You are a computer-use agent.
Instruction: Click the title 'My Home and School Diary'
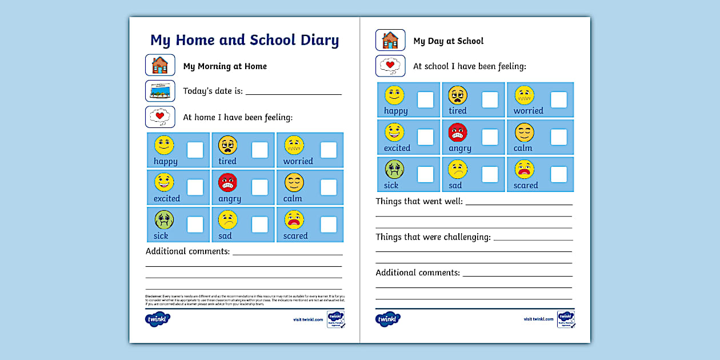245,41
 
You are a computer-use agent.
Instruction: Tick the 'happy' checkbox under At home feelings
195,150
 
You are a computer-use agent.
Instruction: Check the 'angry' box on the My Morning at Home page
260,187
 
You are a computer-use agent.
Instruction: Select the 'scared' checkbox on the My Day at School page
559,174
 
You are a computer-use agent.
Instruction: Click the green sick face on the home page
164,219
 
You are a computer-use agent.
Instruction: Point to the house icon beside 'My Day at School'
390,40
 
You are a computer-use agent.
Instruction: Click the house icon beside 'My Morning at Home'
160,65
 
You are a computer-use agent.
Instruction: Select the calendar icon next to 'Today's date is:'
160,91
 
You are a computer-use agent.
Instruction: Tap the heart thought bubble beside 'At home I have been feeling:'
160,117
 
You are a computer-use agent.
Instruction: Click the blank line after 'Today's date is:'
293,93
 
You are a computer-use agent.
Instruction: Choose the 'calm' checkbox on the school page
559,137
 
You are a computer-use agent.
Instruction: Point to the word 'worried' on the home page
298,161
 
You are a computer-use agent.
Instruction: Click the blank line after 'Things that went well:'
519,203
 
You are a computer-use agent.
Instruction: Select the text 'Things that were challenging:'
433,237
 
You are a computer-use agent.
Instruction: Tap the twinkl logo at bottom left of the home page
158,319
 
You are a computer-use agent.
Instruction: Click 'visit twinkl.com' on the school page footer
538,319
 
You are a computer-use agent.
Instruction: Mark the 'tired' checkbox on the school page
490,100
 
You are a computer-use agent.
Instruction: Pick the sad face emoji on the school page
458,170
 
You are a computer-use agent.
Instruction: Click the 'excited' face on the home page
164,182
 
